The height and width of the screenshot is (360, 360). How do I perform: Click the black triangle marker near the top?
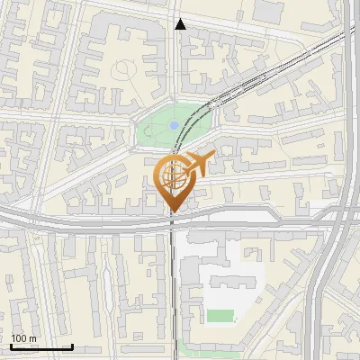pyautogui.click(x=180, y=24)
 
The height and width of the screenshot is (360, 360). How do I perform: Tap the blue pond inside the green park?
pyautogui.click(x=173, y=126)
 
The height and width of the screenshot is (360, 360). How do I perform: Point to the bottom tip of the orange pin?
pyautogui.click(x=172, y=212)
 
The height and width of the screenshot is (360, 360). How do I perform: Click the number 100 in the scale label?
pyautogui.click(x=18, y=339)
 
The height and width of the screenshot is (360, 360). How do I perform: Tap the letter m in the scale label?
pyautogui.click(x=33, y=339)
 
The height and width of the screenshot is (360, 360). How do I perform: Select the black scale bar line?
pyautogui.click(x=41, y=347)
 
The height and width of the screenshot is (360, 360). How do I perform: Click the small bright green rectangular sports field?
pyautogui.click(x=220, y=315)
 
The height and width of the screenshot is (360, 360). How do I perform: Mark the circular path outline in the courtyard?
pyautogui.click(x=124, y=70)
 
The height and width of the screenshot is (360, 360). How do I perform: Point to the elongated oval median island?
pyautogui.click(x=261, y=216)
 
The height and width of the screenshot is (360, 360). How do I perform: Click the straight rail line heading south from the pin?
pyautogui.click(x=172, y=288)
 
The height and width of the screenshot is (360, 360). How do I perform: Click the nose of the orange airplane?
pyautogui.click(x=213, y=157)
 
